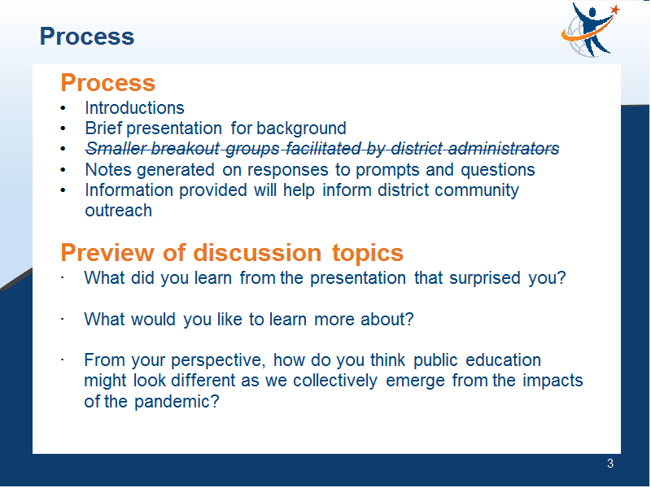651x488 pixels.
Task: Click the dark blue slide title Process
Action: pos(87,37)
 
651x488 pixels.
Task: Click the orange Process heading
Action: pos(108,83)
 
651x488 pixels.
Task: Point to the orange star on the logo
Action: pos(615,9)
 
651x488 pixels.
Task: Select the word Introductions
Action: pos(134,108)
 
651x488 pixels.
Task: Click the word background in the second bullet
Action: pos(301,129)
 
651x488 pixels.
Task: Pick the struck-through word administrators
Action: pos(475,149)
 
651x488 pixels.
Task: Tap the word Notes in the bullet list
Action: pos(108,170)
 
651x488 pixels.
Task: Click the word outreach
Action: pos(118,211)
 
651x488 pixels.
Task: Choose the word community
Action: pos(477,191)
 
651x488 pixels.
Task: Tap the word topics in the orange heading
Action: pos(368,253)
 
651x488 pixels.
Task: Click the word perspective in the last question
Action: pos(218,360)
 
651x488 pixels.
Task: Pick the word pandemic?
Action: pos(177,402)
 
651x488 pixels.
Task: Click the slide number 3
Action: pos(609,464)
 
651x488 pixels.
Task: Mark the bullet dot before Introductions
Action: pos(63,108)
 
